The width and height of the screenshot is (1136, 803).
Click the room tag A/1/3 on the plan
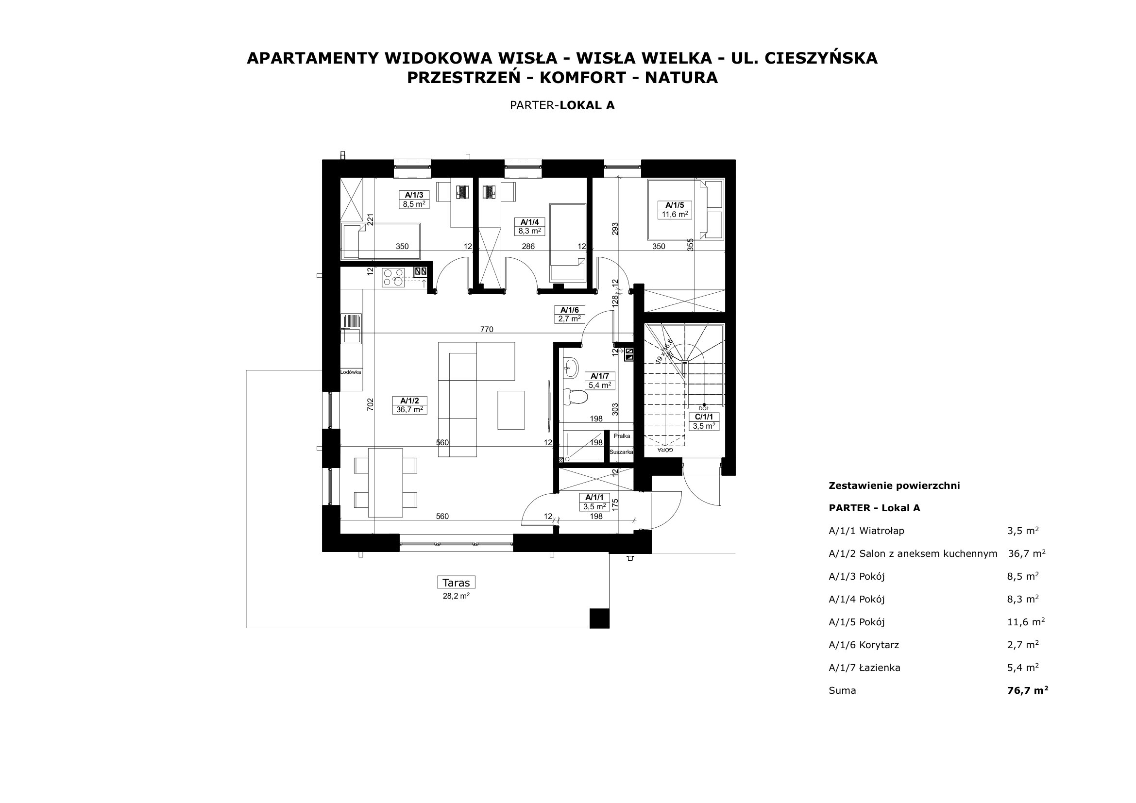pyautogui.click(x=414, y=199)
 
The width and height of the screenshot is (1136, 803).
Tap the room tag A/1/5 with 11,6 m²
pyautogui.click(x=675, y=210)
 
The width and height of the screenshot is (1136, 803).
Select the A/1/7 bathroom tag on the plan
pyautogui.click(x=600, y=381)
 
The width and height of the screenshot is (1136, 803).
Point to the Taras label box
pyautogui.click(x=456, y=582)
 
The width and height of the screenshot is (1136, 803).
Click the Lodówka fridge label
pyautogui.click(x=350, y=372)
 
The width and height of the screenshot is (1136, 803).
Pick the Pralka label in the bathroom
pyautogui.click(x=622, y=436)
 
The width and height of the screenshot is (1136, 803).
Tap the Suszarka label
pyautogui.click(x=622, y=452)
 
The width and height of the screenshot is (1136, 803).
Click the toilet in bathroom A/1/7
pyautogui.click(x=575, y=397)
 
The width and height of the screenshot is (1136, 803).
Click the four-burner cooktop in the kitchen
pyautogui.click(x=393, y=277)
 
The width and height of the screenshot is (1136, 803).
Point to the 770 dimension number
pyautogui.click(x=486, y=329)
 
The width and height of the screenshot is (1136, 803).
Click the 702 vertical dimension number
pyautogui.click(x=370, y=404)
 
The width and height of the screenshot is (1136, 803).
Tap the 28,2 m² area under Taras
pyautogui.click(x=456, y=596)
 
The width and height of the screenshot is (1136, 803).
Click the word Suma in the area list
pyautogui.click(x=842, y=691)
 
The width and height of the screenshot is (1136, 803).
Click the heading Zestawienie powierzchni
pyautogui.click(x=894, y=485)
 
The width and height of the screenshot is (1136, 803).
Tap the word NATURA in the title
pyautogui.click(x=681, y=78)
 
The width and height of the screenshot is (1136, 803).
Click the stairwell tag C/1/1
pyautogui.click(x=704, y=421)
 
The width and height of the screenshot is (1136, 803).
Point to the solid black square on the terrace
pyautogui.click(x=599, y=618)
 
